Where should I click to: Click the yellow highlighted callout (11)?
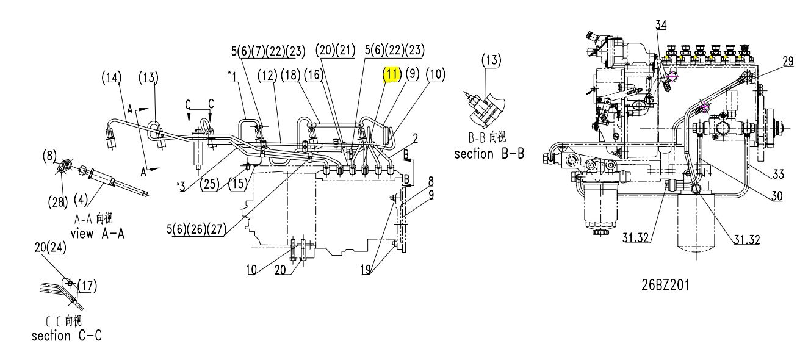[x=392, y=74]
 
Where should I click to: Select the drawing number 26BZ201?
[x=665, y=285]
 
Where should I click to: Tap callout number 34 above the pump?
[x=661, y=24]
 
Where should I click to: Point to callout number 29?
[x=788, y=61]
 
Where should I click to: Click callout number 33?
[x=778, y=175]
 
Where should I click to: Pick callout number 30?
[x=777, y=196]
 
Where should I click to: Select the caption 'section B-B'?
[x=489, y=154]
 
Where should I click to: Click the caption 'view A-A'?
[x=98, y=233]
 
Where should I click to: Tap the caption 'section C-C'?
[x=67, y=336]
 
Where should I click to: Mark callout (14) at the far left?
[x=111, y=77]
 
